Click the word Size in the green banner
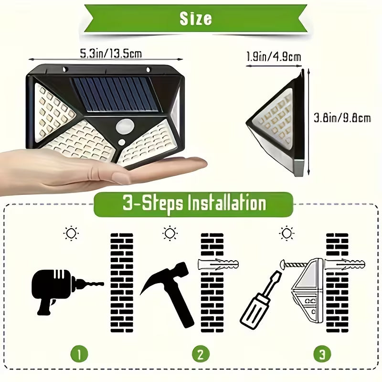[195, 18]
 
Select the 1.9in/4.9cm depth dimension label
[274, 57]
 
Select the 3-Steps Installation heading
[193, 204]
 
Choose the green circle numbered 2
[201, 354]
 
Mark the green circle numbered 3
[322, 354]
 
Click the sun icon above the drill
[72, 233]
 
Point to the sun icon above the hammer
[170, 233]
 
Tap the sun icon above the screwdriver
[286, 233]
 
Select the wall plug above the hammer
[217, 263]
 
